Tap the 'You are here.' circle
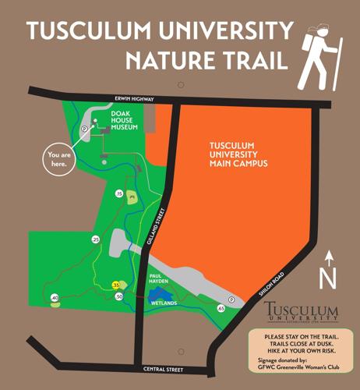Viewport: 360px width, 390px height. pos(59,159)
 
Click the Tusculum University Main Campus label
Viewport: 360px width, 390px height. pos(239,154)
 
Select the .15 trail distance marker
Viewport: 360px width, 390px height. pos(119,193)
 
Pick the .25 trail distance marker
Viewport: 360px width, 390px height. pos(95,239)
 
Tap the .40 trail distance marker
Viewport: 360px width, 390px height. pos(54,298)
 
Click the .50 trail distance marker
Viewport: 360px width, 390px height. pos(118,296)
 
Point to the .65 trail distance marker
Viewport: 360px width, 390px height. pos(221,309)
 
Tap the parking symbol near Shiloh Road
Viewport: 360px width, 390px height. pos(230,299)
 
